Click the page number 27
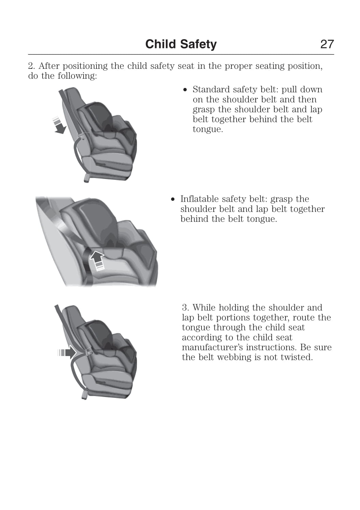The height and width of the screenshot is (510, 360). pyautogui.click(x=327, y=44)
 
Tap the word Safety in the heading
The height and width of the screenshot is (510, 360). pyautogui.click(x=198, y=45)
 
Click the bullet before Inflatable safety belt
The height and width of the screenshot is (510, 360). pyautogui.click(x=173, y=200)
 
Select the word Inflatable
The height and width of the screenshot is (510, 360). pyautogui.click(x=199, y=199)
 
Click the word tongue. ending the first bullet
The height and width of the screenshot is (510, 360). pyautogui.click(x=208, y=130)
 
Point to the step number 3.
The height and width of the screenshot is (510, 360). pyautogui.click(x=185, y=308)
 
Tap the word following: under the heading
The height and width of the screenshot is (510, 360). pyautogui.click(x=77, y=76)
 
